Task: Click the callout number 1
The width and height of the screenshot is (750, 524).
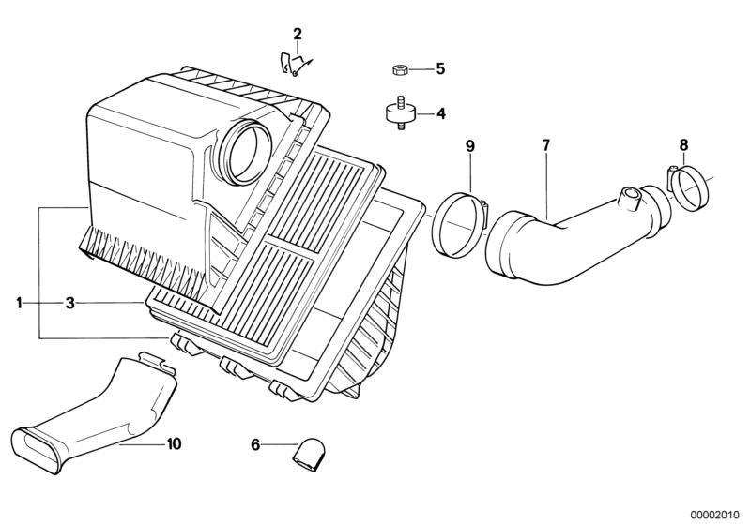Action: [19, 303]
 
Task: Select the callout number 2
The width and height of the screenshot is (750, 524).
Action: [298, 34]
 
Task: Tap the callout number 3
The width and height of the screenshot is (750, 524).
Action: [70, 303]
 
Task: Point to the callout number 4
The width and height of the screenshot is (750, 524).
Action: [440, 113]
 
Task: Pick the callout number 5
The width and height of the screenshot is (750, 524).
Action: [440, 68]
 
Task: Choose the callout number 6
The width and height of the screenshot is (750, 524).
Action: [255, 444]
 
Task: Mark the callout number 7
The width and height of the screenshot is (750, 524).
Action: [546, 144]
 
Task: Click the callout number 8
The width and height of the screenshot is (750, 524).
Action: [683, 144]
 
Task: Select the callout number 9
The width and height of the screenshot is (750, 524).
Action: [470, 145]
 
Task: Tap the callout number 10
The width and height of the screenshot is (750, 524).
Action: [174, 443]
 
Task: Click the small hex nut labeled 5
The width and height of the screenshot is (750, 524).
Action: [399, 69]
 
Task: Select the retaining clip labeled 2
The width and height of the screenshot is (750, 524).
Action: [295, 64]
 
